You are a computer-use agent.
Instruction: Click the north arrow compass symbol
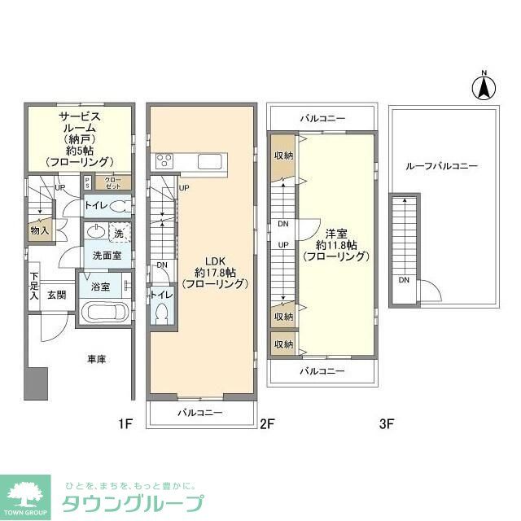point(482,86)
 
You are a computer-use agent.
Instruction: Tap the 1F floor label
point(124,423)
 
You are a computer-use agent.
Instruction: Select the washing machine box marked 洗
point(119,233)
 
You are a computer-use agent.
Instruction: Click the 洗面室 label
point(107,255)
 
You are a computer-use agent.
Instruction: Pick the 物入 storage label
point(40,230)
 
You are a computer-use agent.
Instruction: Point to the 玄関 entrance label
point(56,295)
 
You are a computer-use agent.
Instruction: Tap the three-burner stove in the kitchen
point(164,160)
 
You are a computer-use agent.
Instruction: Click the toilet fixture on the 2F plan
point(160,312)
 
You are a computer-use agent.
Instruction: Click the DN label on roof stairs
point(405,281)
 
